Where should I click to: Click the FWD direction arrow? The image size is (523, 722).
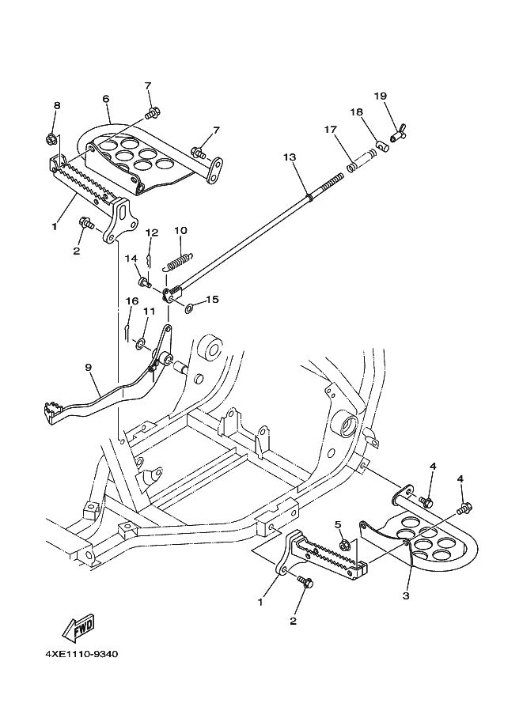point(78,629)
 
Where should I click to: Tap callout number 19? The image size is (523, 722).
point(381,96)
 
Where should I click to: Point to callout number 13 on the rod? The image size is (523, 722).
point(290,157)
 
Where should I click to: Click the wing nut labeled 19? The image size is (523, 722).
point(397,135)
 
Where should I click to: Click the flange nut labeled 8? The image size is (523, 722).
point(51,138)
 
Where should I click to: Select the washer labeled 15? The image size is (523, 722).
point(189,307)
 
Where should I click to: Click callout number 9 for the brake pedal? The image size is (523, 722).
point(88,367)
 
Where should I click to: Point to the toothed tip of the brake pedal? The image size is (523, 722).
point(51,407)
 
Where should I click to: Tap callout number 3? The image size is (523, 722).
point(405,595)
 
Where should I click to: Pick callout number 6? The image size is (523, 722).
point(106,99)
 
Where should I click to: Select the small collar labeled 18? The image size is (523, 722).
point(382,146)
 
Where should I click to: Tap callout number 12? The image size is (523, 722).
point(152,232)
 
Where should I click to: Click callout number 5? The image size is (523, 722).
point(337,524)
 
